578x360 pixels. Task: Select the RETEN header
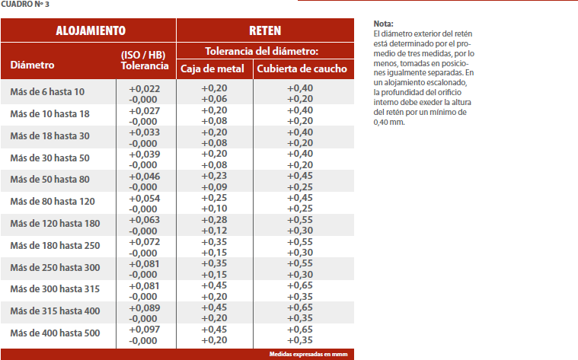(x=265, y=31)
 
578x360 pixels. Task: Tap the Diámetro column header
(x=32, y=65)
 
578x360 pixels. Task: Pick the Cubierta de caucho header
(x=302, y=69)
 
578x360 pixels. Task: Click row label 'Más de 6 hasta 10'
(x=47, y=92)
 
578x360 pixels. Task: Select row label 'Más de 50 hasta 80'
(x=49, y=180)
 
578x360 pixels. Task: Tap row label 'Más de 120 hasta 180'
(x=55, y=224)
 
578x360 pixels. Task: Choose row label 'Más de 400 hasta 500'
(x=55, y=333)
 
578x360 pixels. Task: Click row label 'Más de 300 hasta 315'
(x=55, y=290)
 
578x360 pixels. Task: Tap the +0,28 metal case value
(x=214, y=220)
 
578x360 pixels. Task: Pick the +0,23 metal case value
(x=214, y=176)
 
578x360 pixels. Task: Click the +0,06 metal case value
(x=214, y=99)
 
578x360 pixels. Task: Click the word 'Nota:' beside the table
(x=384, y=24)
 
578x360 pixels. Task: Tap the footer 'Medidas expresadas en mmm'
(x=309, y=354)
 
